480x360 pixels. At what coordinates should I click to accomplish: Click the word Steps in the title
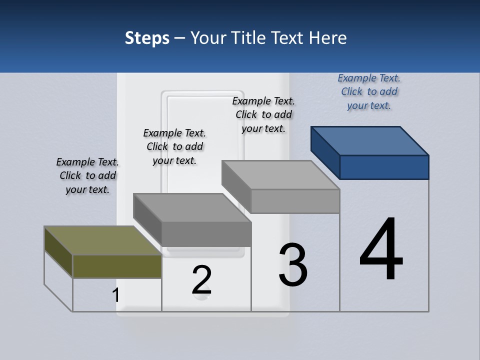[147, 38]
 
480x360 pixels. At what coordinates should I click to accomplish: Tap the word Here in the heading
[328, 38]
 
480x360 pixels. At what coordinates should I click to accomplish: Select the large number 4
[381, 249]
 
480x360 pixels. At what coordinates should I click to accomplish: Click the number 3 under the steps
[293, 264]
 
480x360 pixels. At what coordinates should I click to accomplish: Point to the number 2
[201, 280]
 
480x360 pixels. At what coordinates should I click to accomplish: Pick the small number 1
[116, 295]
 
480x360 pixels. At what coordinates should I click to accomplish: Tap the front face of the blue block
[384, 167]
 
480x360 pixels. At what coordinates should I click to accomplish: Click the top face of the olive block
[102, 240]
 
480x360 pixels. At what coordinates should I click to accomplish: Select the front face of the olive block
[117, 266]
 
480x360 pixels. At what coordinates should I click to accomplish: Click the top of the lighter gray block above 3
[280, 175]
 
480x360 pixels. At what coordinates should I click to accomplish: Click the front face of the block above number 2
[206, 234]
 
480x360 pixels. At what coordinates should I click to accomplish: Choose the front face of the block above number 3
[295, 201]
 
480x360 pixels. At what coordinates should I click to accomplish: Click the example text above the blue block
[369, 91]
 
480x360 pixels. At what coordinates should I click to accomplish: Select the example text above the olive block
[87, 175]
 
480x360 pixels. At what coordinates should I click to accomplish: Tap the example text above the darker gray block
[174, 146]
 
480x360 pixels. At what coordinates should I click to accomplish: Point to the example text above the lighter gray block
[263, 114]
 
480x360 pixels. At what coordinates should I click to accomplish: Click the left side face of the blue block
[325, 152]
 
